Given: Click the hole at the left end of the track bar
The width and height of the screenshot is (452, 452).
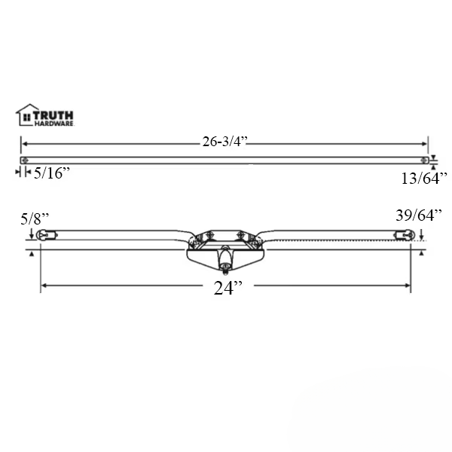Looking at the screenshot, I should coord(26,160).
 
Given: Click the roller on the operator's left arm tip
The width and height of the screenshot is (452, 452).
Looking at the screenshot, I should coord(46,235).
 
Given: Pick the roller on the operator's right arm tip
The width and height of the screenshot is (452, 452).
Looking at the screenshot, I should coord(405,235).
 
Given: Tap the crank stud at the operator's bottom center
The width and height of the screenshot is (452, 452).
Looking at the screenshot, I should coord(224,265).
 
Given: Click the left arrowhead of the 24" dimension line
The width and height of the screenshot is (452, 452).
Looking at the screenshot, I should coord(44,286).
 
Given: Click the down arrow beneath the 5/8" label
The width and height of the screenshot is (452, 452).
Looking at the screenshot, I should coord(30,234).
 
